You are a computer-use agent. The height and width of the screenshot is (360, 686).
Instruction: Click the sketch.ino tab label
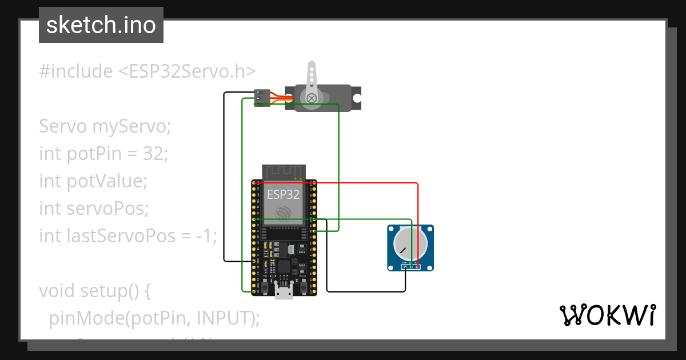101,25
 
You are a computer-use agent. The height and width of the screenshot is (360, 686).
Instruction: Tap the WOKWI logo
607,315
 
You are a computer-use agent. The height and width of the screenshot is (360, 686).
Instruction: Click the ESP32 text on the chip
283,194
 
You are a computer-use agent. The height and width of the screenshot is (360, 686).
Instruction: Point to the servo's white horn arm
311,80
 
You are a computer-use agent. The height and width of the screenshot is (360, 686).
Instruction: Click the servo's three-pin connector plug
262,98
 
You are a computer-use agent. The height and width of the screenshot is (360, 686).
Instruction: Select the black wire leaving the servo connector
224,171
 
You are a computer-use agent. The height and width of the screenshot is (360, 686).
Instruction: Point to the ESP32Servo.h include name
186,71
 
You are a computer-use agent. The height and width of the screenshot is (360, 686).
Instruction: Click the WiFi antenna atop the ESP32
284,171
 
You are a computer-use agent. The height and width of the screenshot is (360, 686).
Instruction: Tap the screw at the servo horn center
312,98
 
